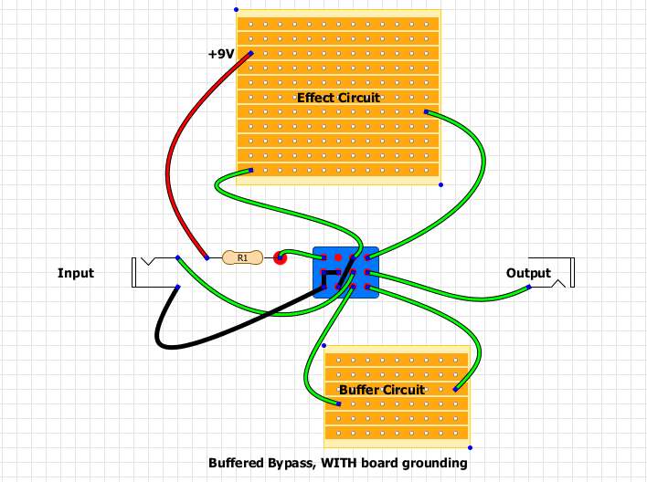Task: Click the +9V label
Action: click(x=221, y=55)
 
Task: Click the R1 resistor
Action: click(x=242, y=258)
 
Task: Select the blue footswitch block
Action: click(x=345, y=273)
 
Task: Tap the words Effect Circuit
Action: click(x=338, y=98)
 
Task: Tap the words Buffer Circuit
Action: click(x=382, y=390)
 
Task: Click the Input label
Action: click(x=76, y=273)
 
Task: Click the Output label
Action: click(x=528, y=273)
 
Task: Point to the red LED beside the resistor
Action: click(x=281, y=258)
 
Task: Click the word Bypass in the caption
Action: click(x=288, y=463)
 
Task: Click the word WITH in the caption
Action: click(x=340, y=463)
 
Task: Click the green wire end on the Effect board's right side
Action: click(x=427, y=112)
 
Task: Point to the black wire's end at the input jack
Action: click(x=178, y=288)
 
